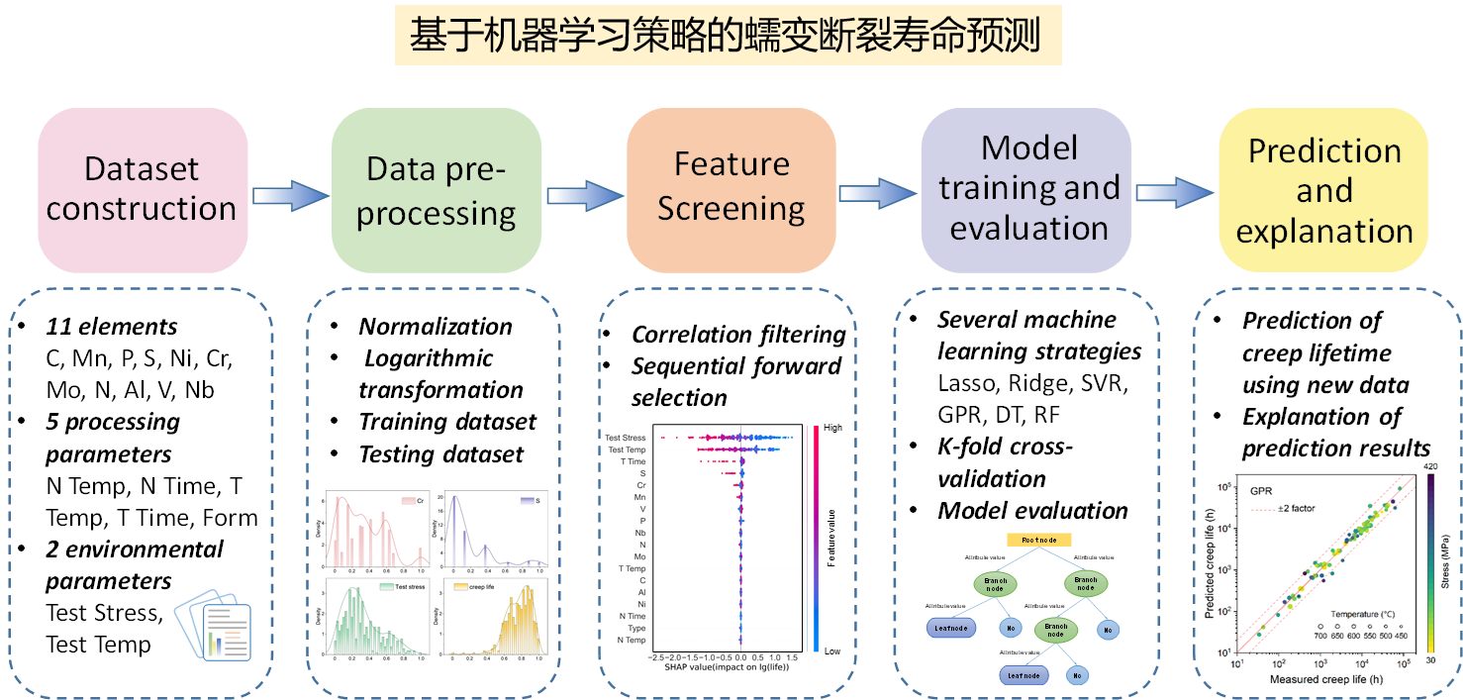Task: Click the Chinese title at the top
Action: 728,37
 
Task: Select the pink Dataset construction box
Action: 142,189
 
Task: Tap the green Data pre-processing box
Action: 437,190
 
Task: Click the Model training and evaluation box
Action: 1027,188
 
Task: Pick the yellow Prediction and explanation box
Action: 1324,190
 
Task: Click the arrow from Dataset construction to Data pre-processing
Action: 290,195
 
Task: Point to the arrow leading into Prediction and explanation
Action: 1174,192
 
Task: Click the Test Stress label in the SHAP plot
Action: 625,438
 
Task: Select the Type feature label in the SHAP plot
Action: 636,628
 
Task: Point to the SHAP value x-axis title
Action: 726,668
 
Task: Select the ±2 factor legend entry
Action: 1293,508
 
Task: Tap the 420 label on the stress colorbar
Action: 1430,465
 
